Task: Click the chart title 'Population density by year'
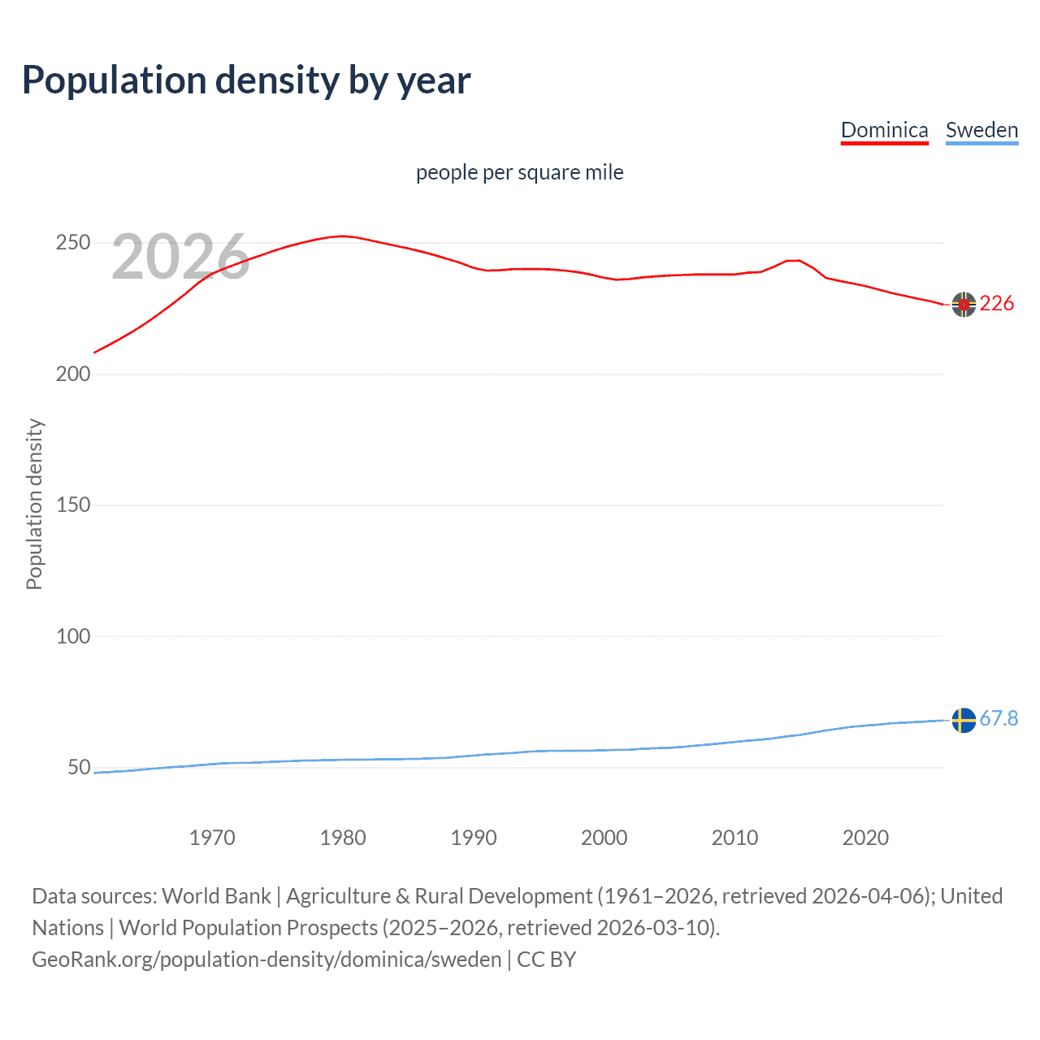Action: click(246, 80)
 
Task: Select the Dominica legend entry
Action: click(884, 130)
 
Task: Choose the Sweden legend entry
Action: click(981, 130)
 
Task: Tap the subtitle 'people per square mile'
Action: click(519, 172)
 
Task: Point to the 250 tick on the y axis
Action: click(73, 243)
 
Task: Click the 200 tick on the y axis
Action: click(73, 374)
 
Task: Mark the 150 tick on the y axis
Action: click(73, 505)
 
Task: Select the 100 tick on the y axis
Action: click(73, 636)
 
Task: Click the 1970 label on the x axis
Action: click(212, 838)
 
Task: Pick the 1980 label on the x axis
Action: click(343, 838)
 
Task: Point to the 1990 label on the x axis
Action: click(474, 838)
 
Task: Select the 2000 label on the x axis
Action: click(604, 838)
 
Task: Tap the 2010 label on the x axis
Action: click(734, 838)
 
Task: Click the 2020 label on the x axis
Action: click(865, 838)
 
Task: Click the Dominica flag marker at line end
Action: click(964, 304)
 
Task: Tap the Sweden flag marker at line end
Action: click(964, 720)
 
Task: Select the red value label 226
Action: click(997, 304)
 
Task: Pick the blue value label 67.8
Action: click(999, 719)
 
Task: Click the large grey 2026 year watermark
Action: click(180, 257)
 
